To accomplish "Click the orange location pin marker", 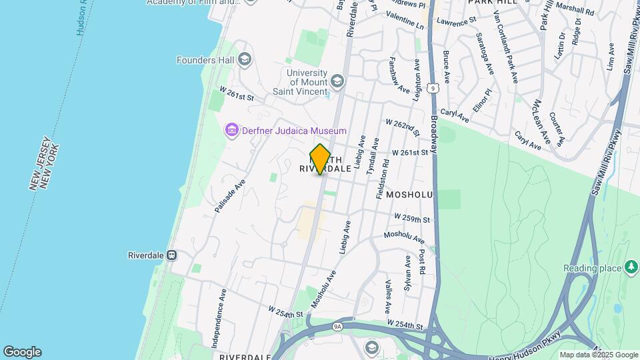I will point(320,159).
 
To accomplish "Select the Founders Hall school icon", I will point(244,60).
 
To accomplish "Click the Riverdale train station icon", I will point(172,255).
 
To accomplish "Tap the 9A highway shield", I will point(337,326).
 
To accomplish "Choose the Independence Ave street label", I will point(218,319).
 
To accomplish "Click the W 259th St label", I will point(413,218).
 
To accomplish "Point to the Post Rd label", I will point(422,263).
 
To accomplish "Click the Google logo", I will point(22,352).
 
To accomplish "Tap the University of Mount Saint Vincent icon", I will point(337,82).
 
